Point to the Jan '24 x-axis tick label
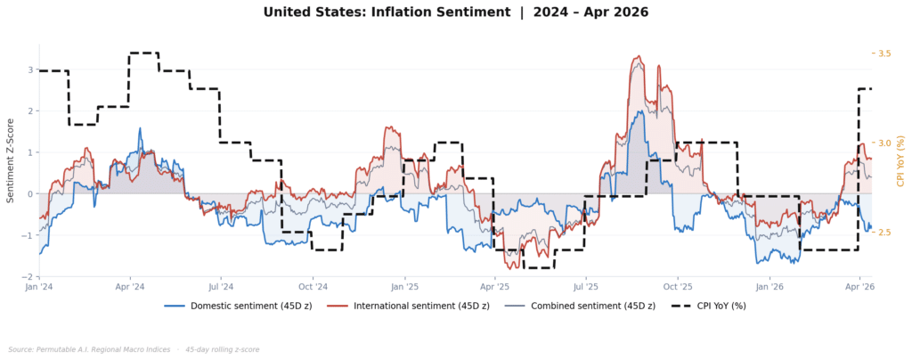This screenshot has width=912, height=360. click(x=39, y=287)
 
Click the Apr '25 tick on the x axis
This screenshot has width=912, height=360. click(x=494, y=287)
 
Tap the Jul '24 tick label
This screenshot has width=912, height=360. click(x=221, y=287)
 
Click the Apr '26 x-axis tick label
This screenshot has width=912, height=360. click(x=859, y=287)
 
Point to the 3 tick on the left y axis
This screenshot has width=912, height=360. click(x=30, y=70)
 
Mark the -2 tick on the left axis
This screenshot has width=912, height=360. click(x=28, y=277)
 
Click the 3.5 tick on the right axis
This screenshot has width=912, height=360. click(x=884, y=53)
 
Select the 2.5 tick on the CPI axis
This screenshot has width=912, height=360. click(x=884, y=233)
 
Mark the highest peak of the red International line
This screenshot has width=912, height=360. click(x=637, y=57)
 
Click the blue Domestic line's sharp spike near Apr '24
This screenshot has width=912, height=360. click(x=140, y=128)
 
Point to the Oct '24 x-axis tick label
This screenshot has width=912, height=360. click(x=313, y=287)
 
